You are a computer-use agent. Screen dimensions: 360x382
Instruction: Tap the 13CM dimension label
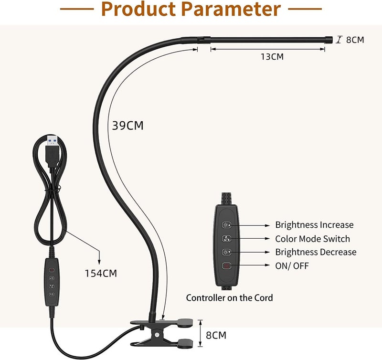272,57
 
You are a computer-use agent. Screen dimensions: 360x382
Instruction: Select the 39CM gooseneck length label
127,126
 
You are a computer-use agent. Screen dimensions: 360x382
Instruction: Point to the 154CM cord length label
100,273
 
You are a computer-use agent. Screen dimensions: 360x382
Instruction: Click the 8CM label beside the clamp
216,335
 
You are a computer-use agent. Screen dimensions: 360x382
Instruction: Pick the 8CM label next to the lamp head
355,40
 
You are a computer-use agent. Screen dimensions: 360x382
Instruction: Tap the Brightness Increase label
314,224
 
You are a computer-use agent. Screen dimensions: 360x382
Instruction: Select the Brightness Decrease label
316,252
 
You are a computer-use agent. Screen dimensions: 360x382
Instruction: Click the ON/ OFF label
292,265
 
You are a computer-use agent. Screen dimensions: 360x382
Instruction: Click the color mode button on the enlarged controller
226,238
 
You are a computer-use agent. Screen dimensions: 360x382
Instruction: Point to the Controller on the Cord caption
229,297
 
